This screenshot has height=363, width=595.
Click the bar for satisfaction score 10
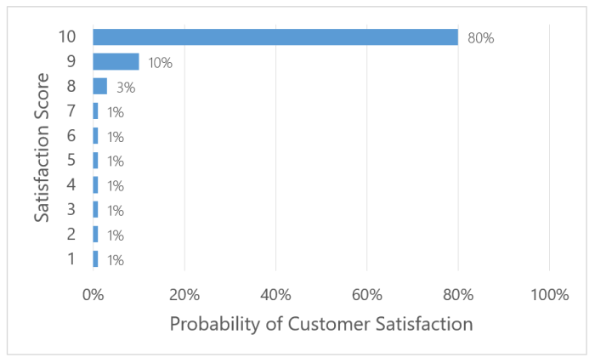coord(275,37)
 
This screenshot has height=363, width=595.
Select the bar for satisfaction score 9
coord(116,62)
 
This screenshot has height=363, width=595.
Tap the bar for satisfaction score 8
coord(99,87)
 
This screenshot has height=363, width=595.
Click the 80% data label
coord(480,38)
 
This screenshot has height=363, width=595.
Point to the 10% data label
coord(161,63)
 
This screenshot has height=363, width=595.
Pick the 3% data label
coord(125,88)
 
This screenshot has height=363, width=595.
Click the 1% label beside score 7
coord(116,112)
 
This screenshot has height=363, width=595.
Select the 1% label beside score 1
coord(116,260)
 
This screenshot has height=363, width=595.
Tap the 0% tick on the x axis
coord(93,295)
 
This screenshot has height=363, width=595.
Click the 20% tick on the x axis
coord(184,295)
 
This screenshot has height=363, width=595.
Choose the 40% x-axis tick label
coord(275,295)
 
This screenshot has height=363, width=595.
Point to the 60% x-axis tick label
coord(366,295)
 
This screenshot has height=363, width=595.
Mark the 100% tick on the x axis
coord(549,295)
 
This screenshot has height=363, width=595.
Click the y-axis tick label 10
coord(67,37)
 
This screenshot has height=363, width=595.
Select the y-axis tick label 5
coord(72,161)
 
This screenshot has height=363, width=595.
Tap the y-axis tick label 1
coord(72,259)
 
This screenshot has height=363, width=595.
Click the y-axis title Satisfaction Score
coord(42,149)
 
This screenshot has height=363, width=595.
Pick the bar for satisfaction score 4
coord(95,185)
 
